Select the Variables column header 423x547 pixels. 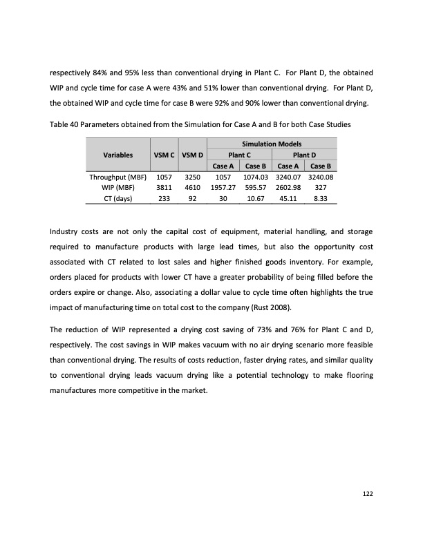pos(119,155)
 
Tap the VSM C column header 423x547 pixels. pos(162,155)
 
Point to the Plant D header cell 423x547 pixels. pos(304,155)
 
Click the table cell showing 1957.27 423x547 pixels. pos(223,187)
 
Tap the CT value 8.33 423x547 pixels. pos(320,198)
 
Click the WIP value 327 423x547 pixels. pos(320,187)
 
